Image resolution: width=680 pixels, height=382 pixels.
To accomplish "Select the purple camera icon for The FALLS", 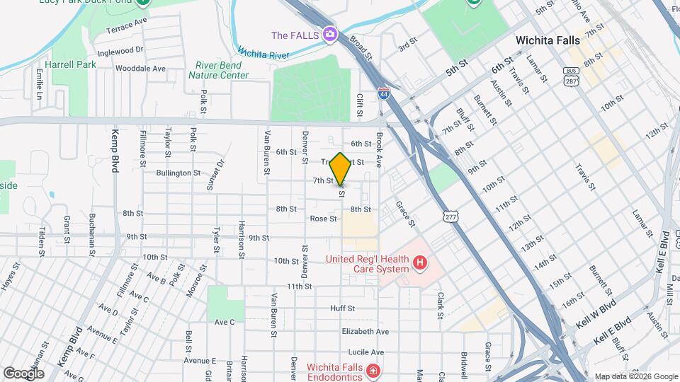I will pos(329,34).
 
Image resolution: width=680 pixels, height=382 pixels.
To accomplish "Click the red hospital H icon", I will pos(420,264).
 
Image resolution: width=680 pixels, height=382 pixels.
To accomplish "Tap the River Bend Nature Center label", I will pos(222,70).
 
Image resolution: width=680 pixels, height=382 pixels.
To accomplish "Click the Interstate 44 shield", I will pos(383,94).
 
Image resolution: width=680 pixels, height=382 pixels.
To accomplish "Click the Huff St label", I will pos(341,308).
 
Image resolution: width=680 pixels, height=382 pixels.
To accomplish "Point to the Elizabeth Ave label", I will pos(365,331).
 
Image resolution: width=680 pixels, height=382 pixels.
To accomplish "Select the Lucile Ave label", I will pos(366,352).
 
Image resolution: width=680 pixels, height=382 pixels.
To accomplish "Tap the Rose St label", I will pos(323,219).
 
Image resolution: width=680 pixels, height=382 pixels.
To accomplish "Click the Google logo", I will pos(23,373).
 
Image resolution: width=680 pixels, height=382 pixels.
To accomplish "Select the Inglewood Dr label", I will pos(120,51).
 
